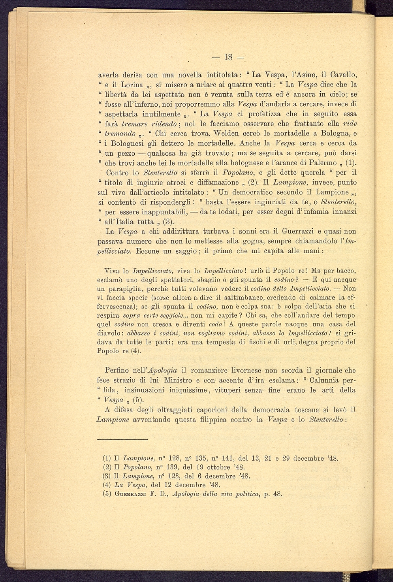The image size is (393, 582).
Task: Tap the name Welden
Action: tap(218, 134)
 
